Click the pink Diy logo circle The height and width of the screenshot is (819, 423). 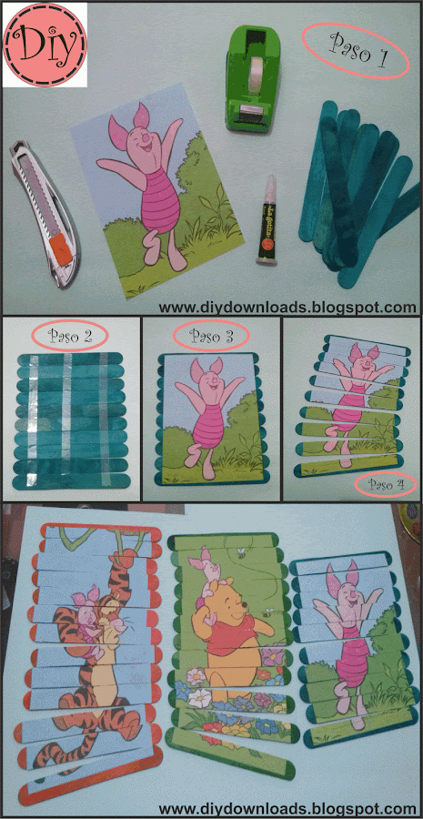[45, 45]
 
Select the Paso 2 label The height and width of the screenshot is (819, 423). [71, 335]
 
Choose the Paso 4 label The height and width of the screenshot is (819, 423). [386, 484]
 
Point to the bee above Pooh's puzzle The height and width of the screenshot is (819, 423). [241, 552]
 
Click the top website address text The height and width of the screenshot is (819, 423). [287, 308]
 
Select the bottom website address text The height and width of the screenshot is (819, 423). [287, 809]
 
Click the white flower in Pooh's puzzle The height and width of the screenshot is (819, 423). [199, 698]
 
